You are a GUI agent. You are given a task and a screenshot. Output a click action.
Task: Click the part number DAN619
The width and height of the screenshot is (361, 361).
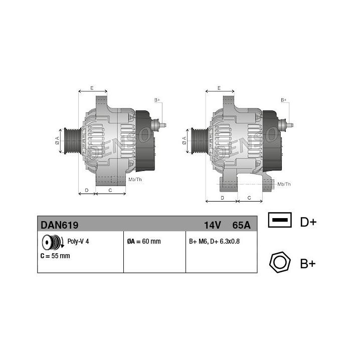coord(59,225)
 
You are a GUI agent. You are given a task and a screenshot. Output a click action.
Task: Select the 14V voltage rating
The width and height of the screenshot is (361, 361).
coord(212,225)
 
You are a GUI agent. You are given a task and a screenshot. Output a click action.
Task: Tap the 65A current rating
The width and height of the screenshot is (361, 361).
coord(241,225)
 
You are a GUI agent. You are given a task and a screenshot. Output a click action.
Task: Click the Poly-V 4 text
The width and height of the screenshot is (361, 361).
coord(78,241)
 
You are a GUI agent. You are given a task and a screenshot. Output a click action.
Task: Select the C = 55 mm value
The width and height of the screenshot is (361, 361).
coord(55,256)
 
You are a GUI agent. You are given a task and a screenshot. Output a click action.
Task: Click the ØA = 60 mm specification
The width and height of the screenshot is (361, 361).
coord(144,241)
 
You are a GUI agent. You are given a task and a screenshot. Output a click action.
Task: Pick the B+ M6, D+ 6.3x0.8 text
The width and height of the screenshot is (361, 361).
coord(215,241)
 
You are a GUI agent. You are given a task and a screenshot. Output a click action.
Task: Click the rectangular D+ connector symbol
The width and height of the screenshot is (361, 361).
coord(280,220)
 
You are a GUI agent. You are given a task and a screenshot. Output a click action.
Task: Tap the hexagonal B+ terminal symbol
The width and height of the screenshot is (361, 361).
coord(280,262)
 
